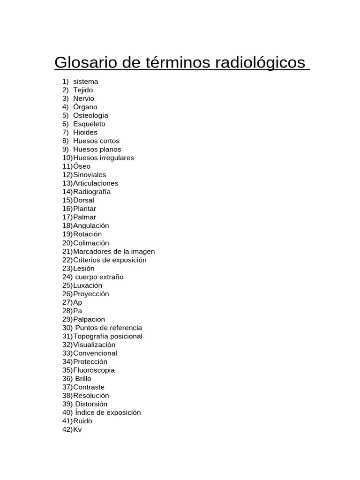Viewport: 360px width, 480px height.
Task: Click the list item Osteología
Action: point(90,115)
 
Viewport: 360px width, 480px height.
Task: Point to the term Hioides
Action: point(85,132)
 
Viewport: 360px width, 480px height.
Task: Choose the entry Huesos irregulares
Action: point(104,158)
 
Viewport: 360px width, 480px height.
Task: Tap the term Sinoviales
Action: point(90,175)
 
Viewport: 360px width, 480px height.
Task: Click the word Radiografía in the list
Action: point(92,192)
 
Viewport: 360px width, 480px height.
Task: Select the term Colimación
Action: point(91,243)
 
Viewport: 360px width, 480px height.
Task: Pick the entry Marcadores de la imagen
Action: point(114,251)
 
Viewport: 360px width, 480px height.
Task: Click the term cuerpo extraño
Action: point(99,277)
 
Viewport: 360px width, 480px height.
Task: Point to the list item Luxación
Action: point(88,285)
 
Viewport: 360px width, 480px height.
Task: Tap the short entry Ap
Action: point(77,302)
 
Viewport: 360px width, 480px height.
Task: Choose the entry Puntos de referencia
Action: point(108,328)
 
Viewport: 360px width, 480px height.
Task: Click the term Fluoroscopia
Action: point(94,370)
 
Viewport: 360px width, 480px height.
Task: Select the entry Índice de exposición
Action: point(108,412)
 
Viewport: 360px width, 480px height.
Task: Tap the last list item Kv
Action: point(77,429)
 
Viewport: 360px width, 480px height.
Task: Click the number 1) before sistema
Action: point(66,82)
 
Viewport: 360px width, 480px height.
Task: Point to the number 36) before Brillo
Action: point(67,379)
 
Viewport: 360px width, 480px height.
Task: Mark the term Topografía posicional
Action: point(108,336)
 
